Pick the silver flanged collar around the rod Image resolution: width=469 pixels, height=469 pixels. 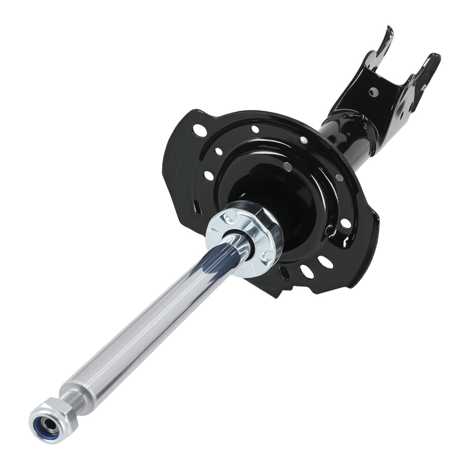point(244,239)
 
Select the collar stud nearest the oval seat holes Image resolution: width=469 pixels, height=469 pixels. point(267,256)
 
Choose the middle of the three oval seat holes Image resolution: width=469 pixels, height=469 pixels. point(307,271)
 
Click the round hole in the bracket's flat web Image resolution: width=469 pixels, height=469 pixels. point(374,91)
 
